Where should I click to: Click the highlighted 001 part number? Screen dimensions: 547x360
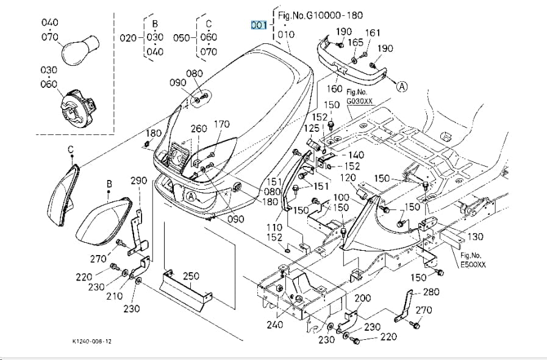coord(259,25)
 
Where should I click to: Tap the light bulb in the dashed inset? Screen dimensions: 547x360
coord(80,50)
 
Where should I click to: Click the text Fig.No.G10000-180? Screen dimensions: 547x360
coord(320,15)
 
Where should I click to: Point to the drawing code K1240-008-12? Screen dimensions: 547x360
coord(92,341)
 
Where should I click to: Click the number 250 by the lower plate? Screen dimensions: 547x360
coord(191,276)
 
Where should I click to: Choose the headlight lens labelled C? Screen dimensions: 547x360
coord(63,196)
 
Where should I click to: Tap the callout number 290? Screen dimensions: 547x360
coord(139,181)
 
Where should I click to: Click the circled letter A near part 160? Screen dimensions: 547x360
coord(402,86)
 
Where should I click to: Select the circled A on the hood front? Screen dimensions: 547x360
coord(191,196)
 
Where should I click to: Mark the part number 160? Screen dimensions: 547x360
coord(334,88)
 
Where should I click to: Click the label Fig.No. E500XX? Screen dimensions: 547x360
coord(473,260)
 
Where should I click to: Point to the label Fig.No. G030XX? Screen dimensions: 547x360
coord(359,97)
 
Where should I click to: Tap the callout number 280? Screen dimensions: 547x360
coord(431,292)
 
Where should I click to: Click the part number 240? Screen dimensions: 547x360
coord(275,325)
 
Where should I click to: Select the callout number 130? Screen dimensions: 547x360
coord(475,237)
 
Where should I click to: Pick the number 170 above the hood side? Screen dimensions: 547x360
coord(222,124)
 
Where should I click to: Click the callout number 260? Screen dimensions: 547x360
coord(199,129)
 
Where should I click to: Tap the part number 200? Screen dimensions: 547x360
coord(363,298)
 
